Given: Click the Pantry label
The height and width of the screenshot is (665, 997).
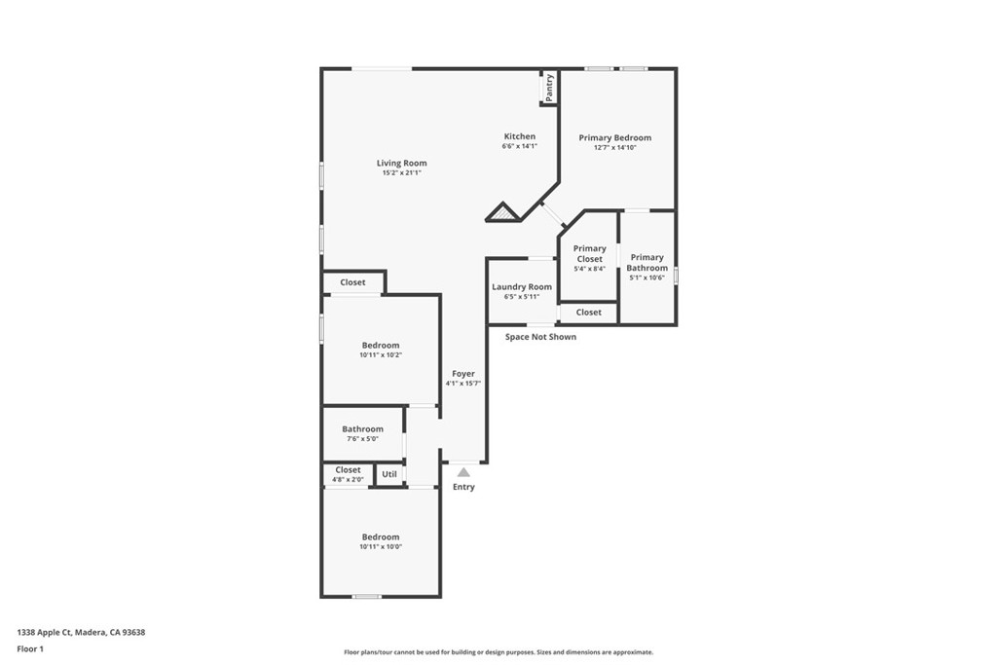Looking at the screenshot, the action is pos(549,87).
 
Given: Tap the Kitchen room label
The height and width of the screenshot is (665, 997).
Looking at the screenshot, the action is pos(520,136).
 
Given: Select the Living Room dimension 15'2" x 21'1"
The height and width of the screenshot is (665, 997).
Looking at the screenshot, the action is pos(401,172).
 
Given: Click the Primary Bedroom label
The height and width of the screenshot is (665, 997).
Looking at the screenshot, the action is pos(615,137).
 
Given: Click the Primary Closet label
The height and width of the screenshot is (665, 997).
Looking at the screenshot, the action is pos(589,254).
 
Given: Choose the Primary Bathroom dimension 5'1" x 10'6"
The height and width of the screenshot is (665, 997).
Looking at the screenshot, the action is pos(646,277).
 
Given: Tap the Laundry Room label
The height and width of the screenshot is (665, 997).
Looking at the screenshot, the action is pos(522,286).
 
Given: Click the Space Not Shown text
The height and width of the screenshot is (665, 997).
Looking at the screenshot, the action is pos(540,337).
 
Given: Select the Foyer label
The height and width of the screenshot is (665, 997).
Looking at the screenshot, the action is pos(463,374).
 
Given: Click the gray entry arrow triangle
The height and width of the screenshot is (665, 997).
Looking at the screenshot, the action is pos(463,472).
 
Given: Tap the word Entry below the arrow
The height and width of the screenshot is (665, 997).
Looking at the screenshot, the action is pos(463,487).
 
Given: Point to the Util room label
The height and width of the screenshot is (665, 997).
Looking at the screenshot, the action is pos(389,474).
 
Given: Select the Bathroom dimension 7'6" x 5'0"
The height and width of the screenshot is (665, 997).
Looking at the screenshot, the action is pos(362,439).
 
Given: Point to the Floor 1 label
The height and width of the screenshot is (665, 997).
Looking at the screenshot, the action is pos(30,649).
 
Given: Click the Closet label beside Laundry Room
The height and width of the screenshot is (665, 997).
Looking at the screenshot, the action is pos(589,313).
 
